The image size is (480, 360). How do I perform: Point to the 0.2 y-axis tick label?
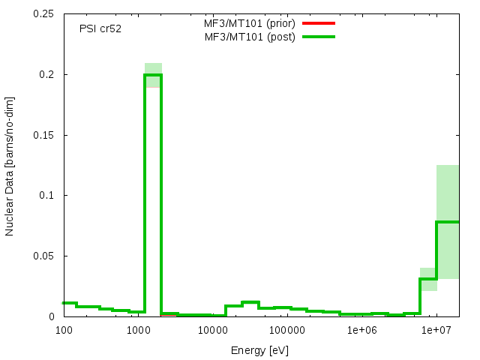46,75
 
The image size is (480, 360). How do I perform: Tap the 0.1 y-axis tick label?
46,196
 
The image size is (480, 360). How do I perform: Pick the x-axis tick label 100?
64,330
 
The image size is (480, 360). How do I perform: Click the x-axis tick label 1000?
138,330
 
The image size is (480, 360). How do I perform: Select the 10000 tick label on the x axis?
212,330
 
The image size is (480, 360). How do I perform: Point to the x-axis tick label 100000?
286,330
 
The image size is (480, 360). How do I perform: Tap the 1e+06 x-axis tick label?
361,330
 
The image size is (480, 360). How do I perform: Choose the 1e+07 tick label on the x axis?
435,330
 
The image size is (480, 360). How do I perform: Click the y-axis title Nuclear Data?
10,166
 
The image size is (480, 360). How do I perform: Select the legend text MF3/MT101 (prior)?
250,23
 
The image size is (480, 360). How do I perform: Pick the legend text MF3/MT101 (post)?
250,37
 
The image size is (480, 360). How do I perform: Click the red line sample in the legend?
318,23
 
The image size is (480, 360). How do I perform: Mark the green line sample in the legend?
318,37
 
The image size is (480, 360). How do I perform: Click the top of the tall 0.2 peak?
153,75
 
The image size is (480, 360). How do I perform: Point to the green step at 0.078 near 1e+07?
448,222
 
